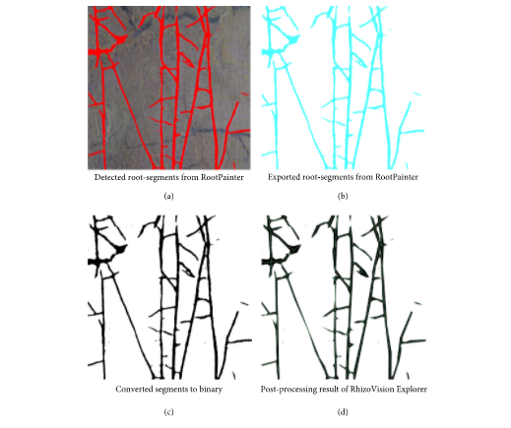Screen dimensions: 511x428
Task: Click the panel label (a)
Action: (168, 196)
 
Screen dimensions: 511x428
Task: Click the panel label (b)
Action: (343, 196)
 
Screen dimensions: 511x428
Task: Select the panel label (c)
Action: (168, 412)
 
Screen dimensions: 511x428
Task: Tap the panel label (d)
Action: (343, 412)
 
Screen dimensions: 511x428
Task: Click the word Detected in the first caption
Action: (109, 177)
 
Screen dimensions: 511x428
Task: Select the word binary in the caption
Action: (211, 390)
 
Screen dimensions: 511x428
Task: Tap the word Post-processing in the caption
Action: (285, 390)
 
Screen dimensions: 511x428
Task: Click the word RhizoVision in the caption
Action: (372, 390)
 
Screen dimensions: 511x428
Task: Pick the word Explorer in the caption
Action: (412, 390)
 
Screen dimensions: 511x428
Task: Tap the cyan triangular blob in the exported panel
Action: (292, 40)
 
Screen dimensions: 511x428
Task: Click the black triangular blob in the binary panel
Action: (119, 249)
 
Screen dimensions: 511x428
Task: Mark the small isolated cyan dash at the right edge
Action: (416, 94)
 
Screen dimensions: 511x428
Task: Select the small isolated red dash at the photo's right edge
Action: (244, 93)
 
